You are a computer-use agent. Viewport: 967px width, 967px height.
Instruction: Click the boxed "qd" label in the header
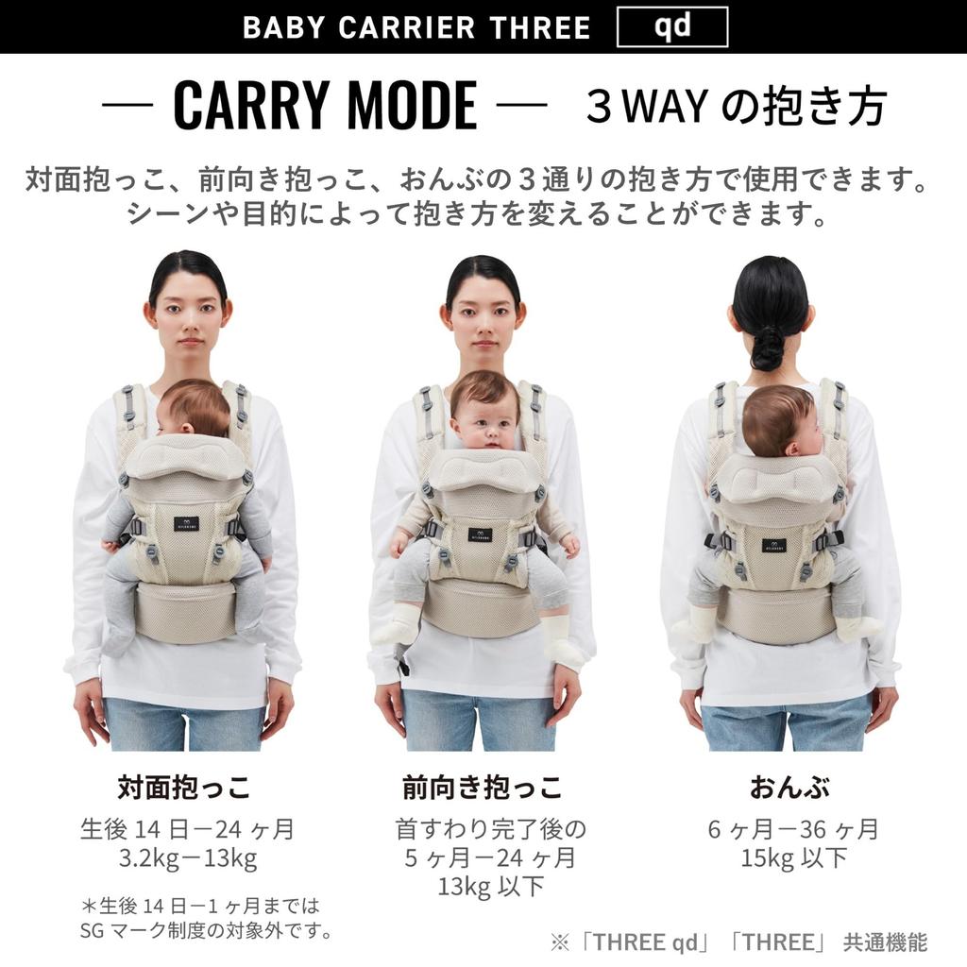tap(671, 26)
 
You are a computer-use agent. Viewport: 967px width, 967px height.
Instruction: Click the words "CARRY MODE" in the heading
tap(325, 105)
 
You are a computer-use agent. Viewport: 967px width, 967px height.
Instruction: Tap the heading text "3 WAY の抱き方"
tap(736, 106)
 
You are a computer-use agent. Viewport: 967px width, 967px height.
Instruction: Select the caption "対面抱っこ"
tap(184, 787)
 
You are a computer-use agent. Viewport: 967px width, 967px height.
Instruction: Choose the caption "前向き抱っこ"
tap(483, 787)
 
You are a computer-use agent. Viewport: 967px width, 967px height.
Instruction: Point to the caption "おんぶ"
tap(789, 787)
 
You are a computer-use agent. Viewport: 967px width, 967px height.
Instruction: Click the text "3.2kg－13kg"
tap(188, 859)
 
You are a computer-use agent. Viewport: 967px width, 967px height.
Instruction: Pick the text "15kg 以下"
tap(793, 858)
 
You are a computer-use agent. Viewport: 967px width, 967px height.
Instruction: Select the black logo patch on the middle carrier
tap(479, 534)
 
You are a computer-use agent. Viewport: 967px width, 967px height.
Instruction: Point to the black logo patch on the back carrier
tap(774, 545)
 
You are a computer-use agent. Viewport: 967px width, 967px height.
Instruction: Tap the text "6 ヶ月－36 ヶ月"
tap(793, 829)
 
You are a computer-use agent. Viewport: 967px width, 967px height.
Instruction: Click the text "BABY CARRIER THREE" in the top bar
tap(416, 27)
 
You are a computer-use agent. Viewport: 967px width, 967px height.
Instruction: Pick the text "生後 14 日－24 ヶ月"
tap(188, 829)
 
